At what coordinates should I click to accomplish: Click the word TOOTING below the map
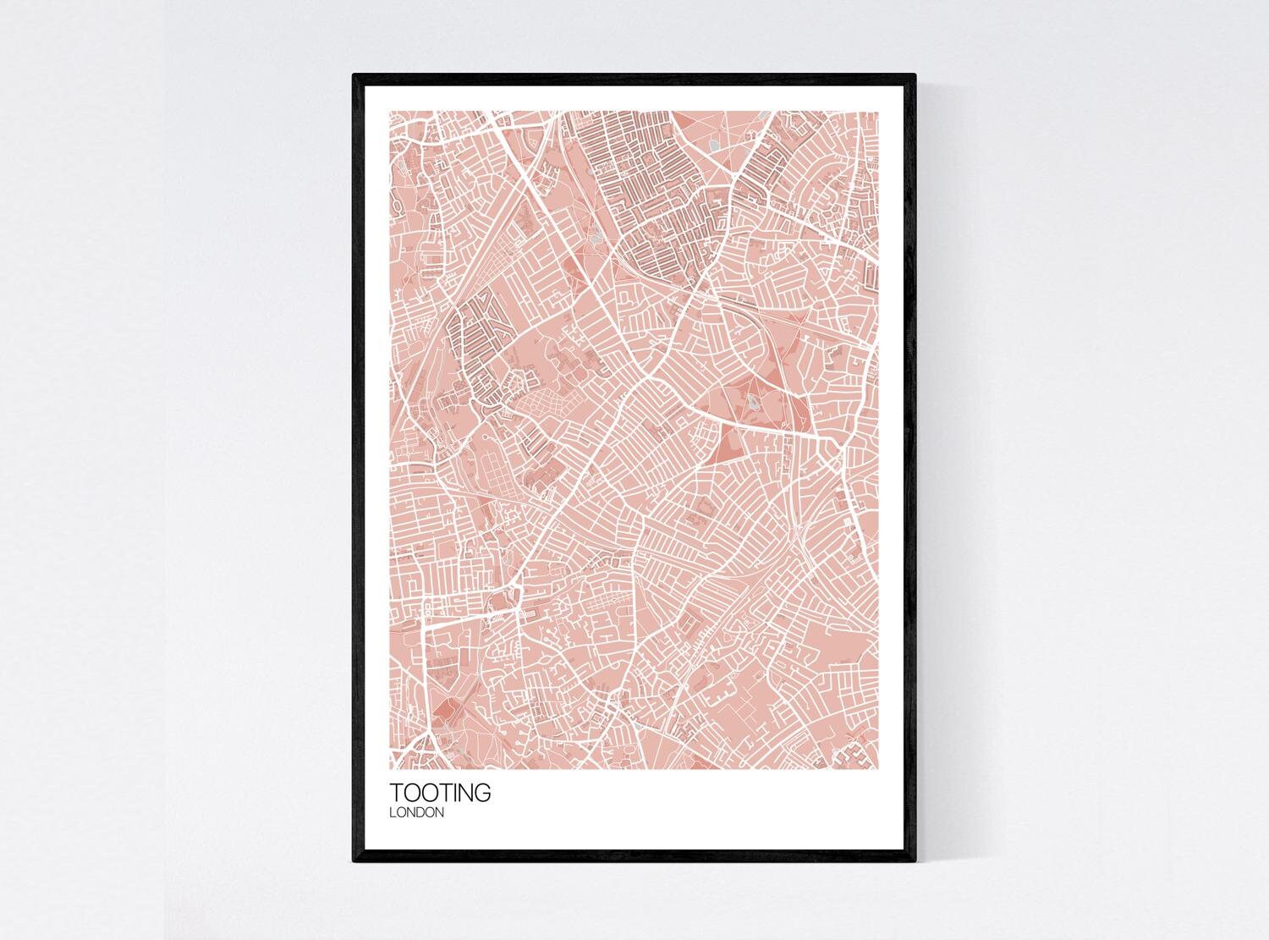pyautogui.click(x=439, y=794)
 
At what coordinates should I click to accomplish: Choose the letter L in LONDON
pyautogui.click(x=392, y=813)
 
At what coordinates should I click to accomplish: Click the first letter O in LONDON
pyautogui.click(x=399, y=813)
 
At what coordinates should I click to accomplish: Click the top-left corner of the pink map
pyautogui.click(x=390, y=112)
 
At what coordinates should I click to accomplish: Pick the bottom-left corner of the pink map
pyautogui.click(x=390, y=769)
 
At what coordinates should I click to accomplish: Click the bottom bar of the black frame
pyautogui.click(x=634, y=858)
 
